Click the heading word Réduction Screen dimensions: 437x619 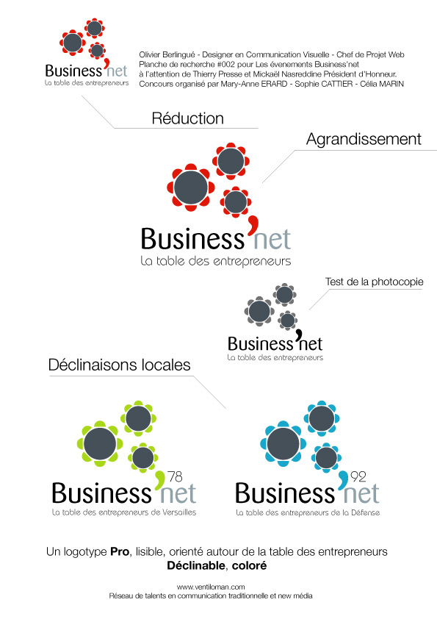188,118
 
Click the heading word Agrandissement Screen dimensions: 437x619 364,140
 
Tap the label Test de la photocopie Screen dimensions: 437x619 374,282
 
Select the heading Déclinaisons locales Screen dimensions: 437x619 119,365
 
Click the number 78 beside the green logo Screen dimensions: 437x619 175,477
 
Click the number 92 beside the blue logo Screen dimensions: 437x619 358,477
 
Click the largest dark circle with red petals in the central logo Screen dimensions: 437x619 191,187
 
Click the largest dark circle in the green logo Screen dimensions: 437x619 100,443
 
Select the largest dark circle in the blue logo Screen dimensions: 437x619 283,443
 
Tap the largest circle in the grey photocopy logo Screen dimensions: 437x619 259,311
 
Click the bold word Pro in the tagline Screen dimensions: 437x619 120,551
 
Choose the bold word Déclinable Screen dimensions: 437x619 196,566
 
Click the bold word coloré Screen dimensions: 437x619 249,566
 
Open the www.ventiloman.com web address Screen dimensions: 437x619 211,587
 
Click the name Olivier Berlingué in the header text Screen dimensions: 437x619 167,55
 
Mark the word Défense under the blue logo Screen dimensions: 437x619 366,512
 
